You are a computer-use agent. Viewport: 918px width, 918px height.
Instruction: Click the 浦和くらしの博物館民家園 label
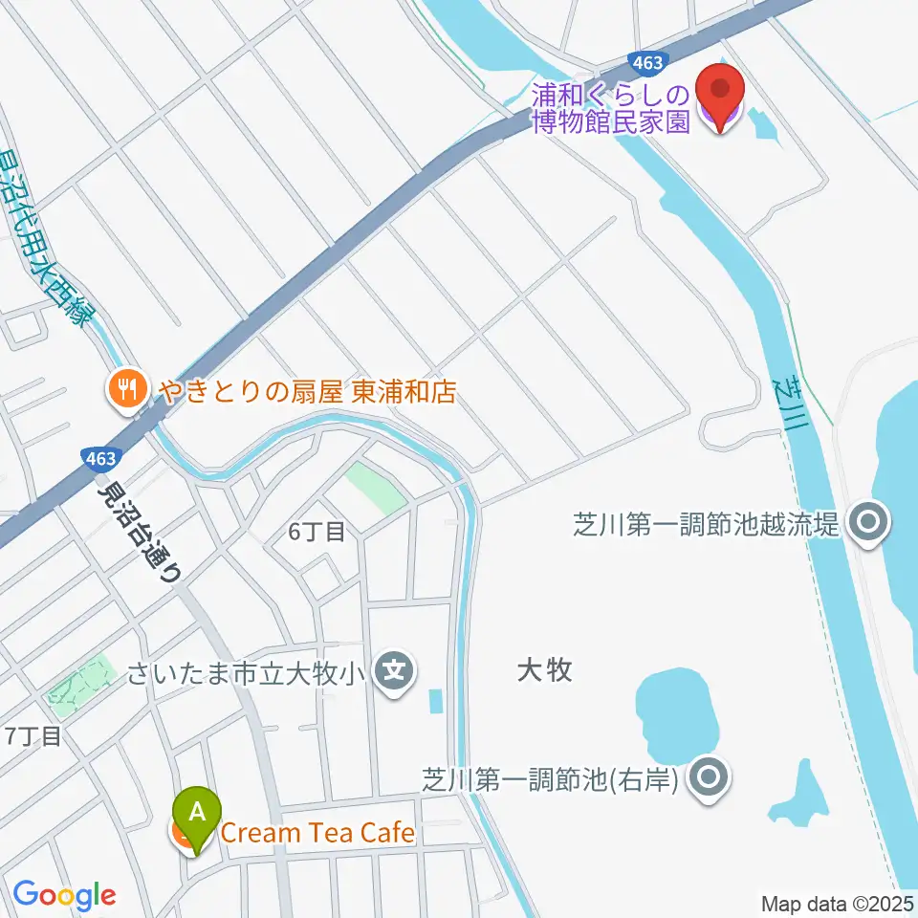[611, 109]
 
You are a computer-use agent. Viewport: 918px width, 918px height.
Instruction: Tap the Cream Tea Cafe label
[317, 833]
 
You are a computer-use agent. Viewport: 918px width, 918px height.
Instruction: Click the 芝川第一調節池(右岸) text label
[551, 778]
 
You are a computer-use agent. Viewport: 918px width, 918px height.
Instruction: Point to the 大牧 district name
[544, 669]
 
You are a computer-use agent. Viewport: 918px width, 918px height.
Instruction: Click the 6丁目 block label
[317, 532]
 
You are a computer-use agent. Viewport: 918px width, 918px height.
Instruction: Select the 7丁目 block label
[33, 736]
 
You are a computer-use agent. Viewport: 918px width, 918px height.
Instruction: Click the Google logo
[64, 896]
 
